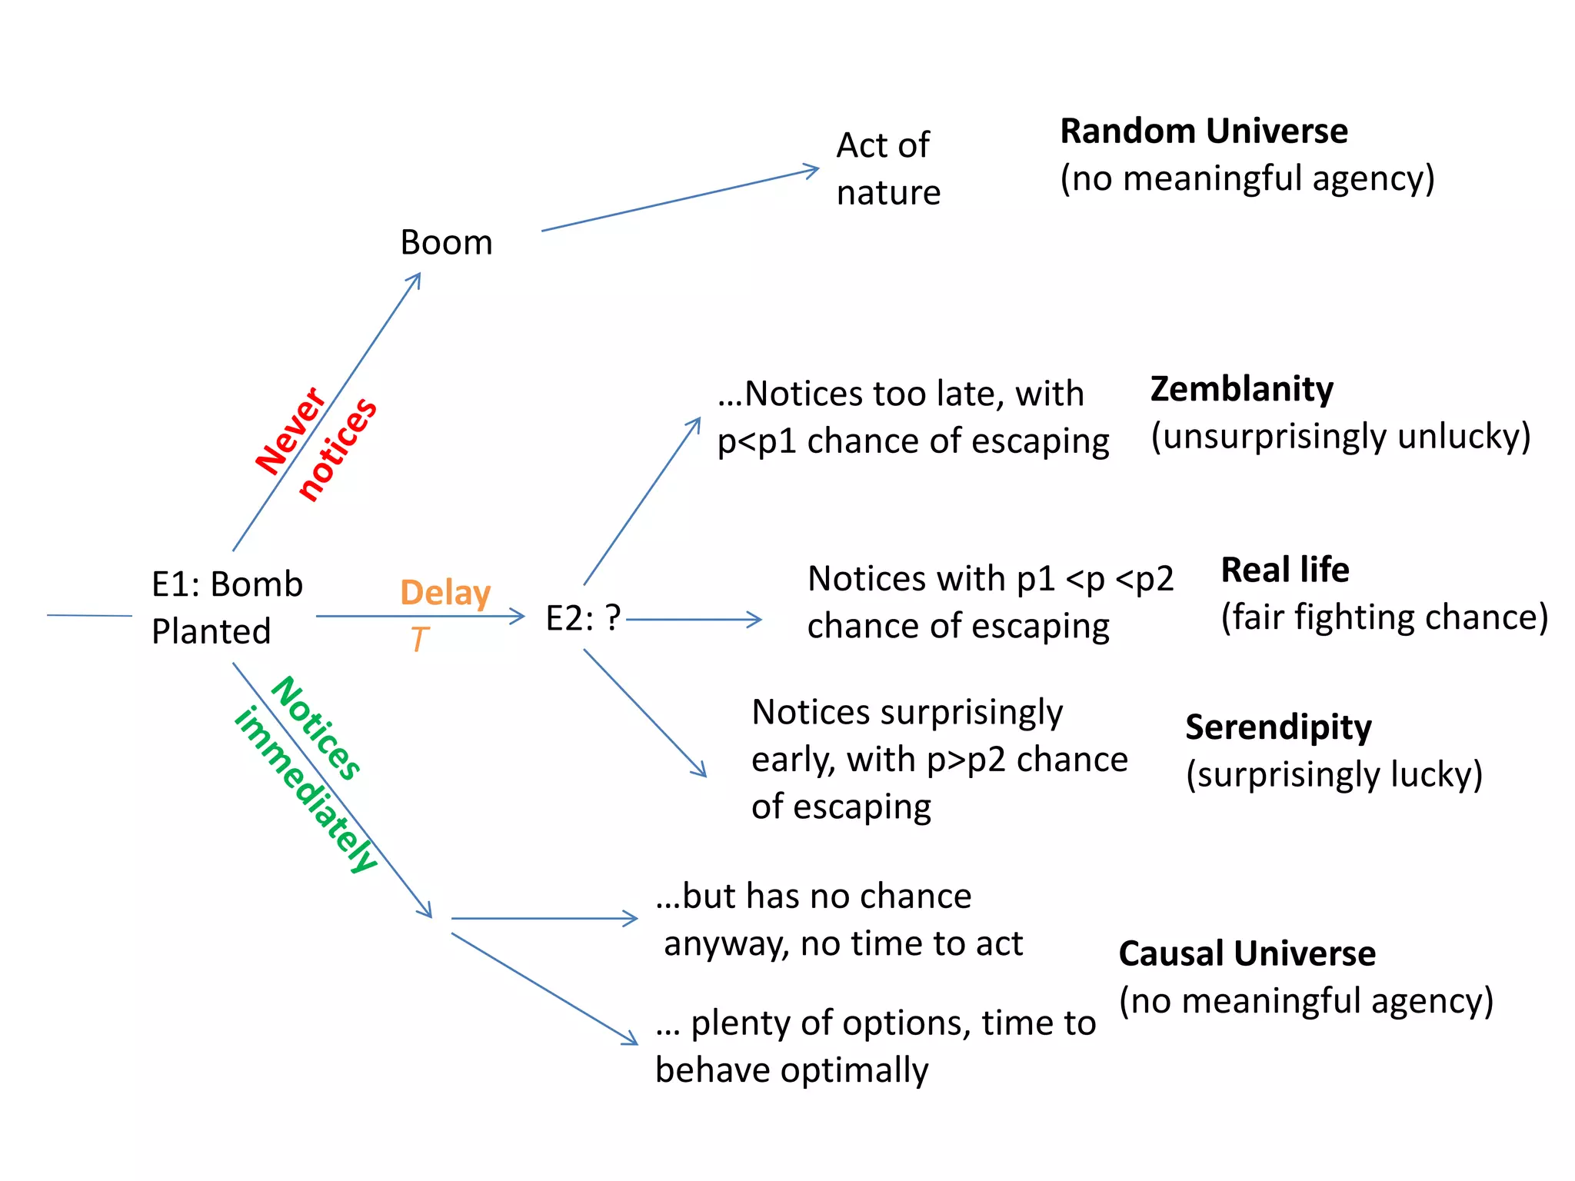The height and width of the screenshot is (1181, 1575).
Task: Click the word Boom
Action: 446,243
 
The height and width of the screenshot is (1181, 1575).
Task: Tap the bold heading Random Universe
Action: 1204,131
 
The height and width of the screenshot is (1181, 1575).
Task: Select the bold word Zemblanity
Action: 1241,389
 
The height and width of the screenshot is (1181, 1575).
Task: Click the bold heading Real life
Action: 1284,571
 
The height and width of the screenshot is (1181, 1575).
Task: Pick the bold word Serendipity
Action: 1278,727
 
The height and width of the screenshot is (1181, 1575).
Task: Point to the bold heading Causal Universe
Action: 1247,954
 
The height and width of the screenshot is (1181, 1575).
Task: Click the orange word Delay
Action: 445,593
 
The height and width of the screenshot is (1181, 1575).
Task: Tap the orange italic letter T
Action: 419,640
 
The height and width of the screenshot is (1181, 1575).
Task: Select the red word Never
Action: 291,431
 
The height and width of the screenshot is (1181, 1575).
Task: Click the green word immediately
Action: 306,790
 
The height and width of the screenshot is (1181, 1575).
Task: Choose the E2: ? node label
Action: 582,618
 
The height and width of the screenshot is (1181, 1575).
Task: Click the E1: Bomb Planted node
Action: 226,607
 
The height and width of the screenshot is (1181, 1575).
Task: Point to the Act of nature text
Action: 887,169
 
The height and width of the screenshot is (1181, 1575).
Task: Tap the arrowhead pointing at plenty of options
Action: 632,1039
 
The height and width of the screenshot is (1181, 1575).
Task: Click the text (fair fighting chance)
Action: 1384,617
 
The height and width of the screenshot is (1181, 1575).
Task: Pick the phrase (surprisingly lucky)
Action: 1334,774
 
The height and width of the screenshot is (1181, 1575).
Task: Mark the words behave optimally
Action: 791,1070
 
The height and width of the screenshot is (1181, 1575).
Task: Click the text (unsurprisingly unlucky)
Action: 1340,436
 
